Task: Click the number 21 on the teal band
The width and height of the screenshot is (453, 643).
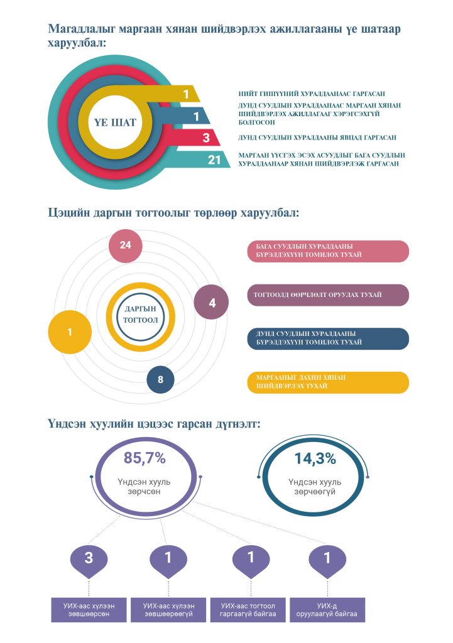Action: coord(214,159)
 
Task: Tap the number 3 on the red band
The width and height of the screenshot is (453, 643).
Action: coord(206,138)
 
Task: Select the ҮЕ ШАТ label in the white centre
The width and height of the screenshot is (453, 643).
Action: coord(115,122)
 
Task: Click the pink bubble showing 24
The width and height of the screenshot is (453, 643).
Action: coord(126,246)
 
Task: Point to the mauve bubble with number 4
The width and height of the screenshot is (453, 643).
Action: coord(211,303)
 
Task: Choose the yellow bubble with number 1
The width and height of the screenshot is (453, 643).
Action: coord(70,332)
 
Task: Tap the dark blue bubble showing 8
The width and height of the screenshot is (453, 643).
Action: coord(160,380)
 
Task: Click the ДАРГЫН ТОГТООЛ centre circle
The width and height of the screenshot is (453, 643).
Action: coord(141,314)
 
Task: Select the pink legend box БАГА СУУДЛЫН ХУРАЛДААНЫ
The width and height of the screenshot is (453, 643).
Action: coord(328,251)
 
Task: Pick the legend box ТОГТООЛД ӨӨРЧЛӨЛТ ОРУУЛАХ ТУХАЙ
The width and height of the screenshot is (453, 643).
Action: coord(328,295)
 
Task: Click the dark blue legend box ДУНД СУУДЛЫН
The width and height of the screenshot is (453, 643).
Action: coord(328,338)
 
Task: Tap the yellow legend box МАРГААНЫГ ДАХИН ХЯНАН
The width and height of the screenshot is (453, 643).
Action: coord(328,382)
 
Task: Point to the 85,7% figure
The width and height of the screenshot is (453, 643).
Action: coord(145,458)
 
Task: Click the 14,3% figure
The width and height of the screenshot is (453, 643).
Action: coord(315,458)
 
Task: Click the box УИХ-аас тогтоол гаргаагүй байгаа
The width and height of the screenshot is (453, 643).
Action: coord(248,610)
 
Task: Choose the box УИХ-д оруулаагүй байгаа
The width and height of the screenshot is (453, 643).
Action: coord(327,610)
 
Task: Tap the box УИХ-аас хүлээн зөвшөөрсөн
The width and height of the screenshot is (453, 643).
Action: coord(89,610)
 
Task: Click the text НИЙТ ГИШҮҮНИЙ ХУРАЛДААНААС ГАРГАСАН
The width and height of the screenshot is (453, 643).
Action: coord(312,94)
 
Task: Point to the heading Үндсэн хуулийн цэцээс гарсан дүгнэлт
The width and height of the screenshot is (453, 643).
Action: coord(154,423)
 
